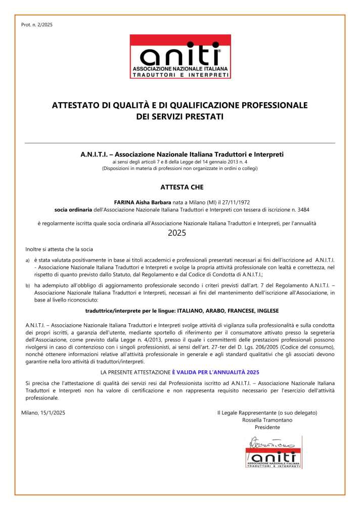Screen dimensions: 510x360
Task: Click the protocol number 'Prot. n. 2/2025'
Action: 37,25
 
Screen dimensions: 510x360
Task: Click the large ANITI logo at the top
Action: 180,56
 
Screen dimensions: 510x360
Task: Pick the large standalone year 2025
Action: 177,233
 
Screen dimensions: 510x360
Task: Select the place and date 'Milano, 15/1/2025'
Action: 43,413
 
